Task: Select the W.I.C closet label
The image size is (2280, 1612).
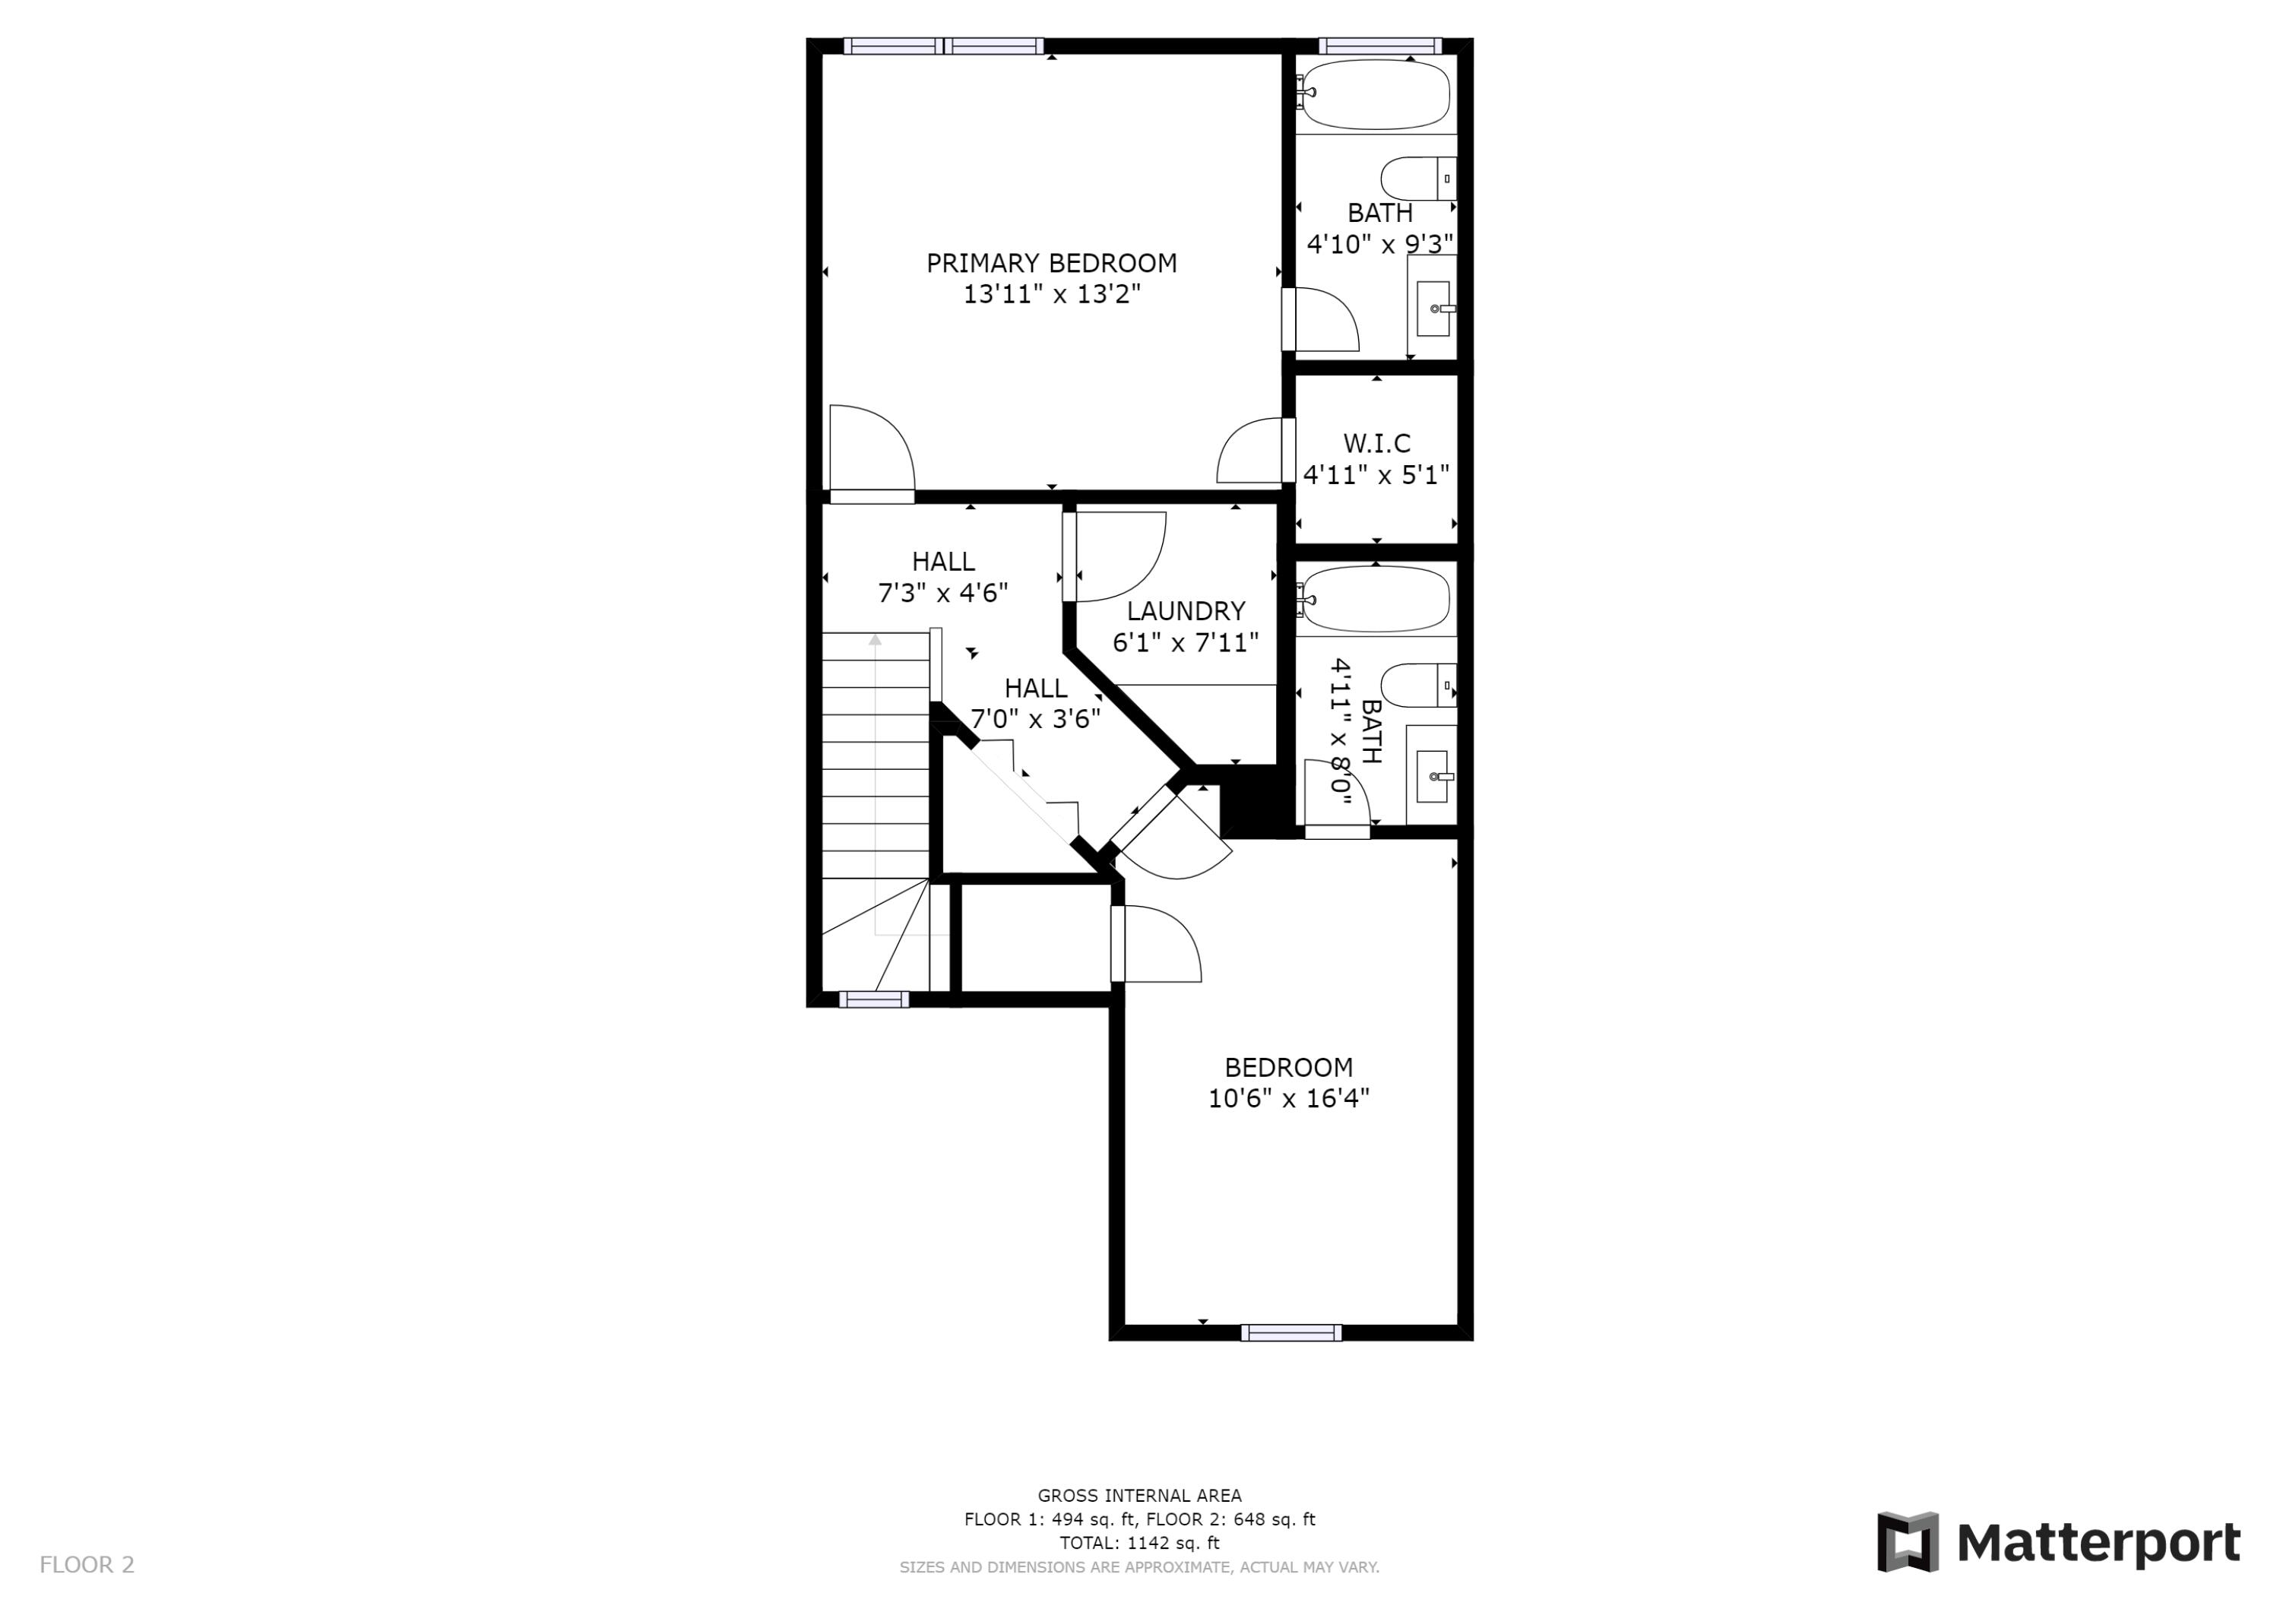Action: click(1376, 443)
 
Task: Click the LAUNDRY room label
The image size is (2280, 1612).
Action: click(1186, 611)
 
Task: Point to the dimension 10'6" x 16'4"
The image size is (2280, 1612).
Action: click(1288, 1098)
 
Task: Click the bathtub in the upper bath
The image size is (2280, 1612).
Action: click(1376, 95)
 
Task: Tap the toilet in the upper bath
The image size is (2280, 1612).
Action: click(1418, 178)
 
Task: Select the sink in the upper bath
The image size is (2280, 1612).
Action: click(1432, 308)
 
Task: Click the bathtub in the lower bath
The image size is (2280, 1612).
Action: click(1376, 599)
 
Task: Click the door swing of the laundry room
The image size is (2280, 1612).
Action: click(1117, 556)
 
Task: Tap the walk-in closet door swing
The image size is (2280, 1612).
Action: click(1251, 452)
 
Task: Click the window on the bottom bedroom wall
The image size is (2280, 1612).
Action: click(1291, 1333)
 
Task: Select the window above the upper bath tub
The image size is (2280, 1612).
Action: click(1379, 46)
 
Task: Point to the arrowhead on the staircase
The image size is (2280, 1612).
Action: click(875, 641)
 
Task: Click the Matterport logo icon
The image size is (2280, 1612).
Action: click(1907, 1541)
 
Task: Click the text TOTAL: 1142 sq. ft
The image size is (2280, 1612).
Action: click(1139, 1543)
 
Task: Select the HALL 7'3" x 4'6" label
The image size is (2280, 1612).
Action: click(942, 577)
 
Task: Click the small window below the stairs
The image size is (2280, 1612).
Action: click(874, 999)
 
